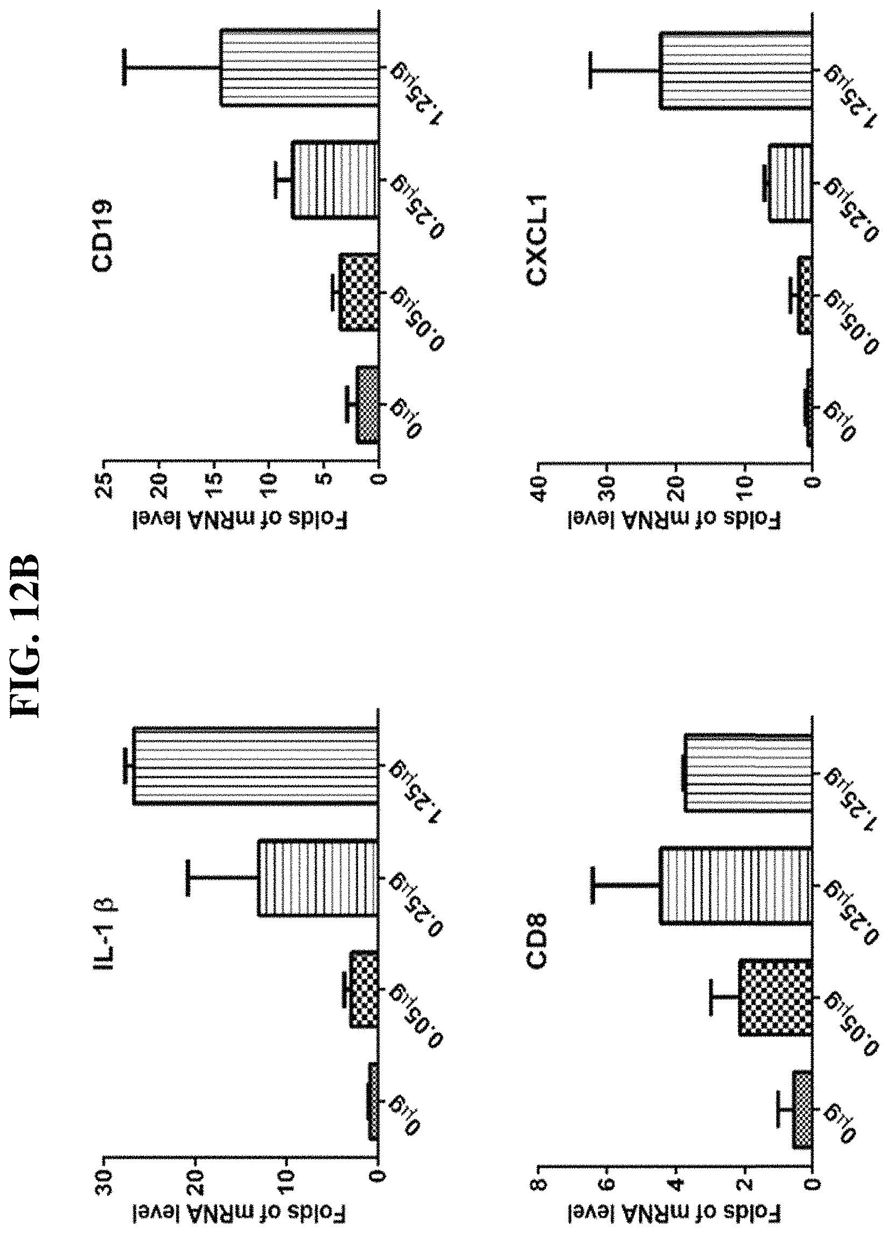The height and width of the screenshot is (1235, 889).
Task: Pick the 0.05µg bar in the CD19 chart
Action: point(359,292)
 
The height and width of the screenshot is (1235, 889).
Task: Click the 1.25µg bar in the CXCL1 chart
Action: point(736,71)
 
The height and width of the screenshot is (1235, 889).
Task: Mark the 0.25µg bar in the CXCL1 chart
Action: point(790,183)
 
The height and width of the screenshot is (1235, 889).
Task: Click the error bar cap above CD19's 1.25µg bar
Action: point(124,67)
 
